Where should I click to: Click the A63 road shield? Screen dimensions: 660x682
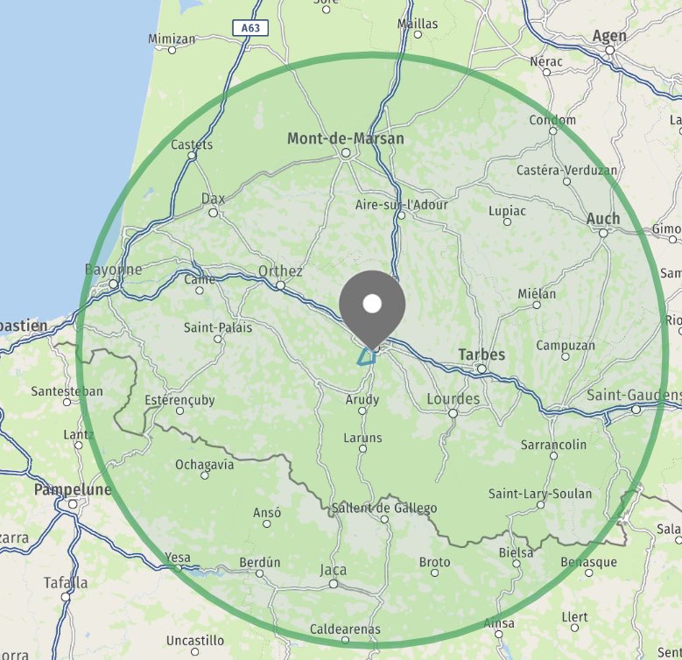(250, 28)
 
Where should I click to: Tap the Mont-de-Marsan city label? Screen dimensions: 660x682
(346, 138)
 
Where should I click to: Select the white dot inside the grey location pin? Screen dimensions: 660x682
(372, 303)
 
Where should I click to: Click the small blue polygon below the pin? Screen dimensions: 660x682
(366, 355)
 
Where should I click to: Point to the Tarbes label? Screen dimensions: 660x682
(482, 355)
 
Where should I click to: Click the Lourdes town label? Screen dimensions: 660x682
(453, 399)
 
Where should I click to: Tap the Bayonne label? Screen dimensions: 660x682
(114, 270)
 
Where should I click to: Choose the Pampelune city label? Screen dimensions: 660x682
(73, 490)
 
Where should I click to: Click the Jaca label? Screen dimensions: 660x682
(333, 570)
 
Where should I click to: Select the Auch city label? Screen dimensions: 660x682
(603, 219)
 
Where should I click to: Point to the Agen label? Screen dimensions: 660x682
(610, 36)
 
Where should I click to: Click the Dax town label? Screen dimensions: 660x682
(213, 200)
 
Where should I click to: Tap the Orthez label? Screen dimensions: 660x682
(280, 271)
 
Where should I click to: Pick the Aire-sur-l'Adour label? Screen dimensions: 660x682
(401, 205)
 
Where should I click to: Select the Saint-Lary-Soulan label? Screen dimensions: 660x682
(540, 494)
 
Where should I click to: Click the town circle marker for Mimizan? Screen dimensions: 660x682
(172, 50)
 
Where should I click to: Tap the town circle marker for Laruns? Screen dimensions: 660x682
(363, 450)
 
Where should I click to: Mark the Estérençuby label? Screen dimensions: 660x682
(179, 401)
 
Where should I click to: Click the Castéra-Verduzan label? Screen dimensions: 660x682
(566, 170)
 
